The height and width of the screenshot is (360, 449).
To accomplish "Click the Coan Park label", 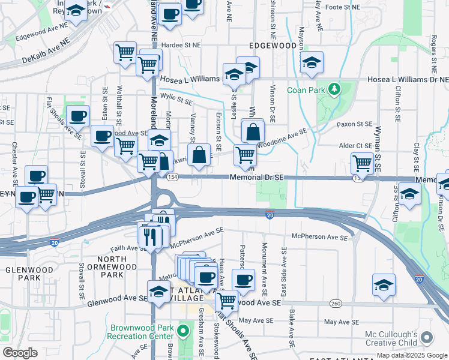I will (305, 90).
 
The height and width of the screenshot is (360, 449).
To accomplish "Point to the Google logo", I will (20, 353).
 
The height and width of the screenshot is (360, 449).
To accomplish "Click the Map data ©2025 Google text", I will (412, 355).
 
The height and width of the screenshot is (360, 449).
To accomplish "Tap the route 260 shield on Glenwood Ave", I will (335, 304).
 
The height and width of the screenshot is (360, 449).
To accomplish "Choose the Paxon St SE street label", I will (355, 124).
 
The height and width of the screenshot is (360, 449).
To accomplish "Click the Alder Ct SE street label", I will (356, 145).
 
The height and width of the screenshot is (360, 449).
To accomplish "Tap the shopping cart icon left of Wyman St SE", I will (363, 163).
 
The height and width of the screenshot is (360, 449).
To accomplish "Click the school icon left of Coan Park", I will (311, 63).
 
